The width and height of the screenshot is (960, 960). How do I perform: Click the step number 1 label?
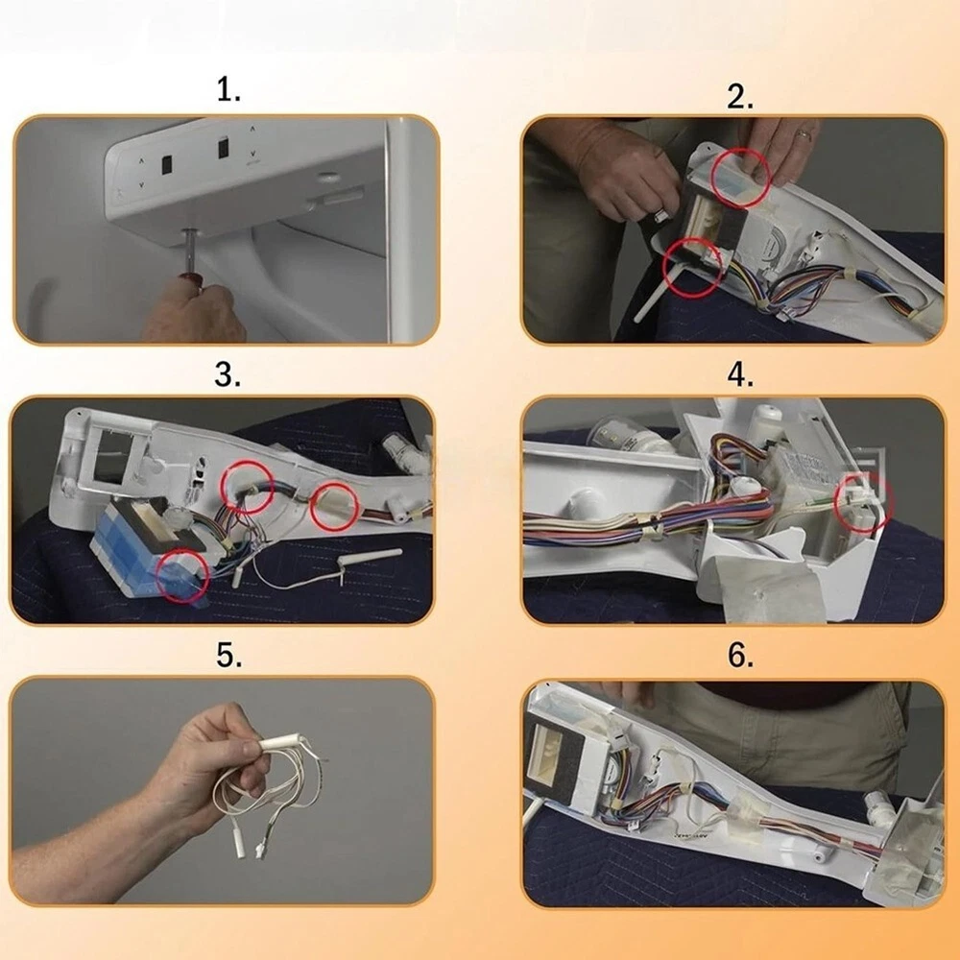228,90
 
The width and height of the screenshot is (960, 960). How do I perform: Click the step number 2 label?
739,97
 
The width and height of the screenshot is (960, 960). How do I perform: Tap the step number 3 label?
228,374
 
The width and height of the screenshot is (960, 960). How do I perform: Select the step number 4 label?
740,374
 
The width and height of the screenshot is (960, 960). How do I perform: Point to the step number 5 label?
228,655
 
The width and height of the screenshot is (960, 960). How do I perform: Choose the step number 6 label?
740,655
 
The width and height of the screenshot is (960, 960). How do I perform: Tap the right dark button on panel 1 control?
224,148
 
